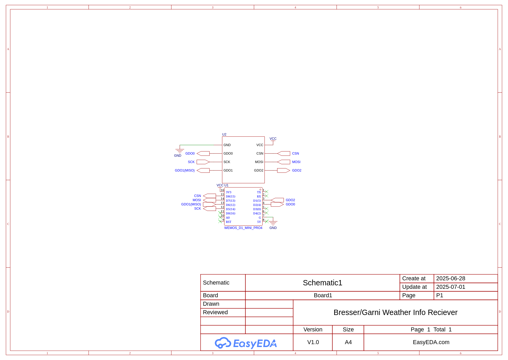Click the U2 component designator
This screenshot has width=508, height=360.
click(224, 134)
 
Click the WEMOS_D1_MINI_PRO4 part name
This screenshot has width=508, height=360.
click(243, 228)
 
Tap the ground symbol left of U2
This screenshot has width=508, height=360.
click(180, 151)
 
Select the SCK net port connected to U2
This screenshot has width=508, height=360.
click(203, 162)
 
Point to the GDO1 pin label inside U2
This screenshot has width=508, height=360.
click(228, 170)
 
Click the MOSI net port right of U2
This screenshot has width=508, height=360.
click(284, 162)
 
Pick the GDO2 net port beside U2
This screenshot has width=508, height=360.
click(284, 170)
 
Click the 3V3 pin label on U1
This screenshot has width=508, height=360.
click(229, 192)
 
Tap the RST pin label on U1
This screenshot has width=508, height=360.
click(229, 222)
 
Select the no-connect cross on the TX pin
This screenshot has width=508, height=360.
click(267, 192)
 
